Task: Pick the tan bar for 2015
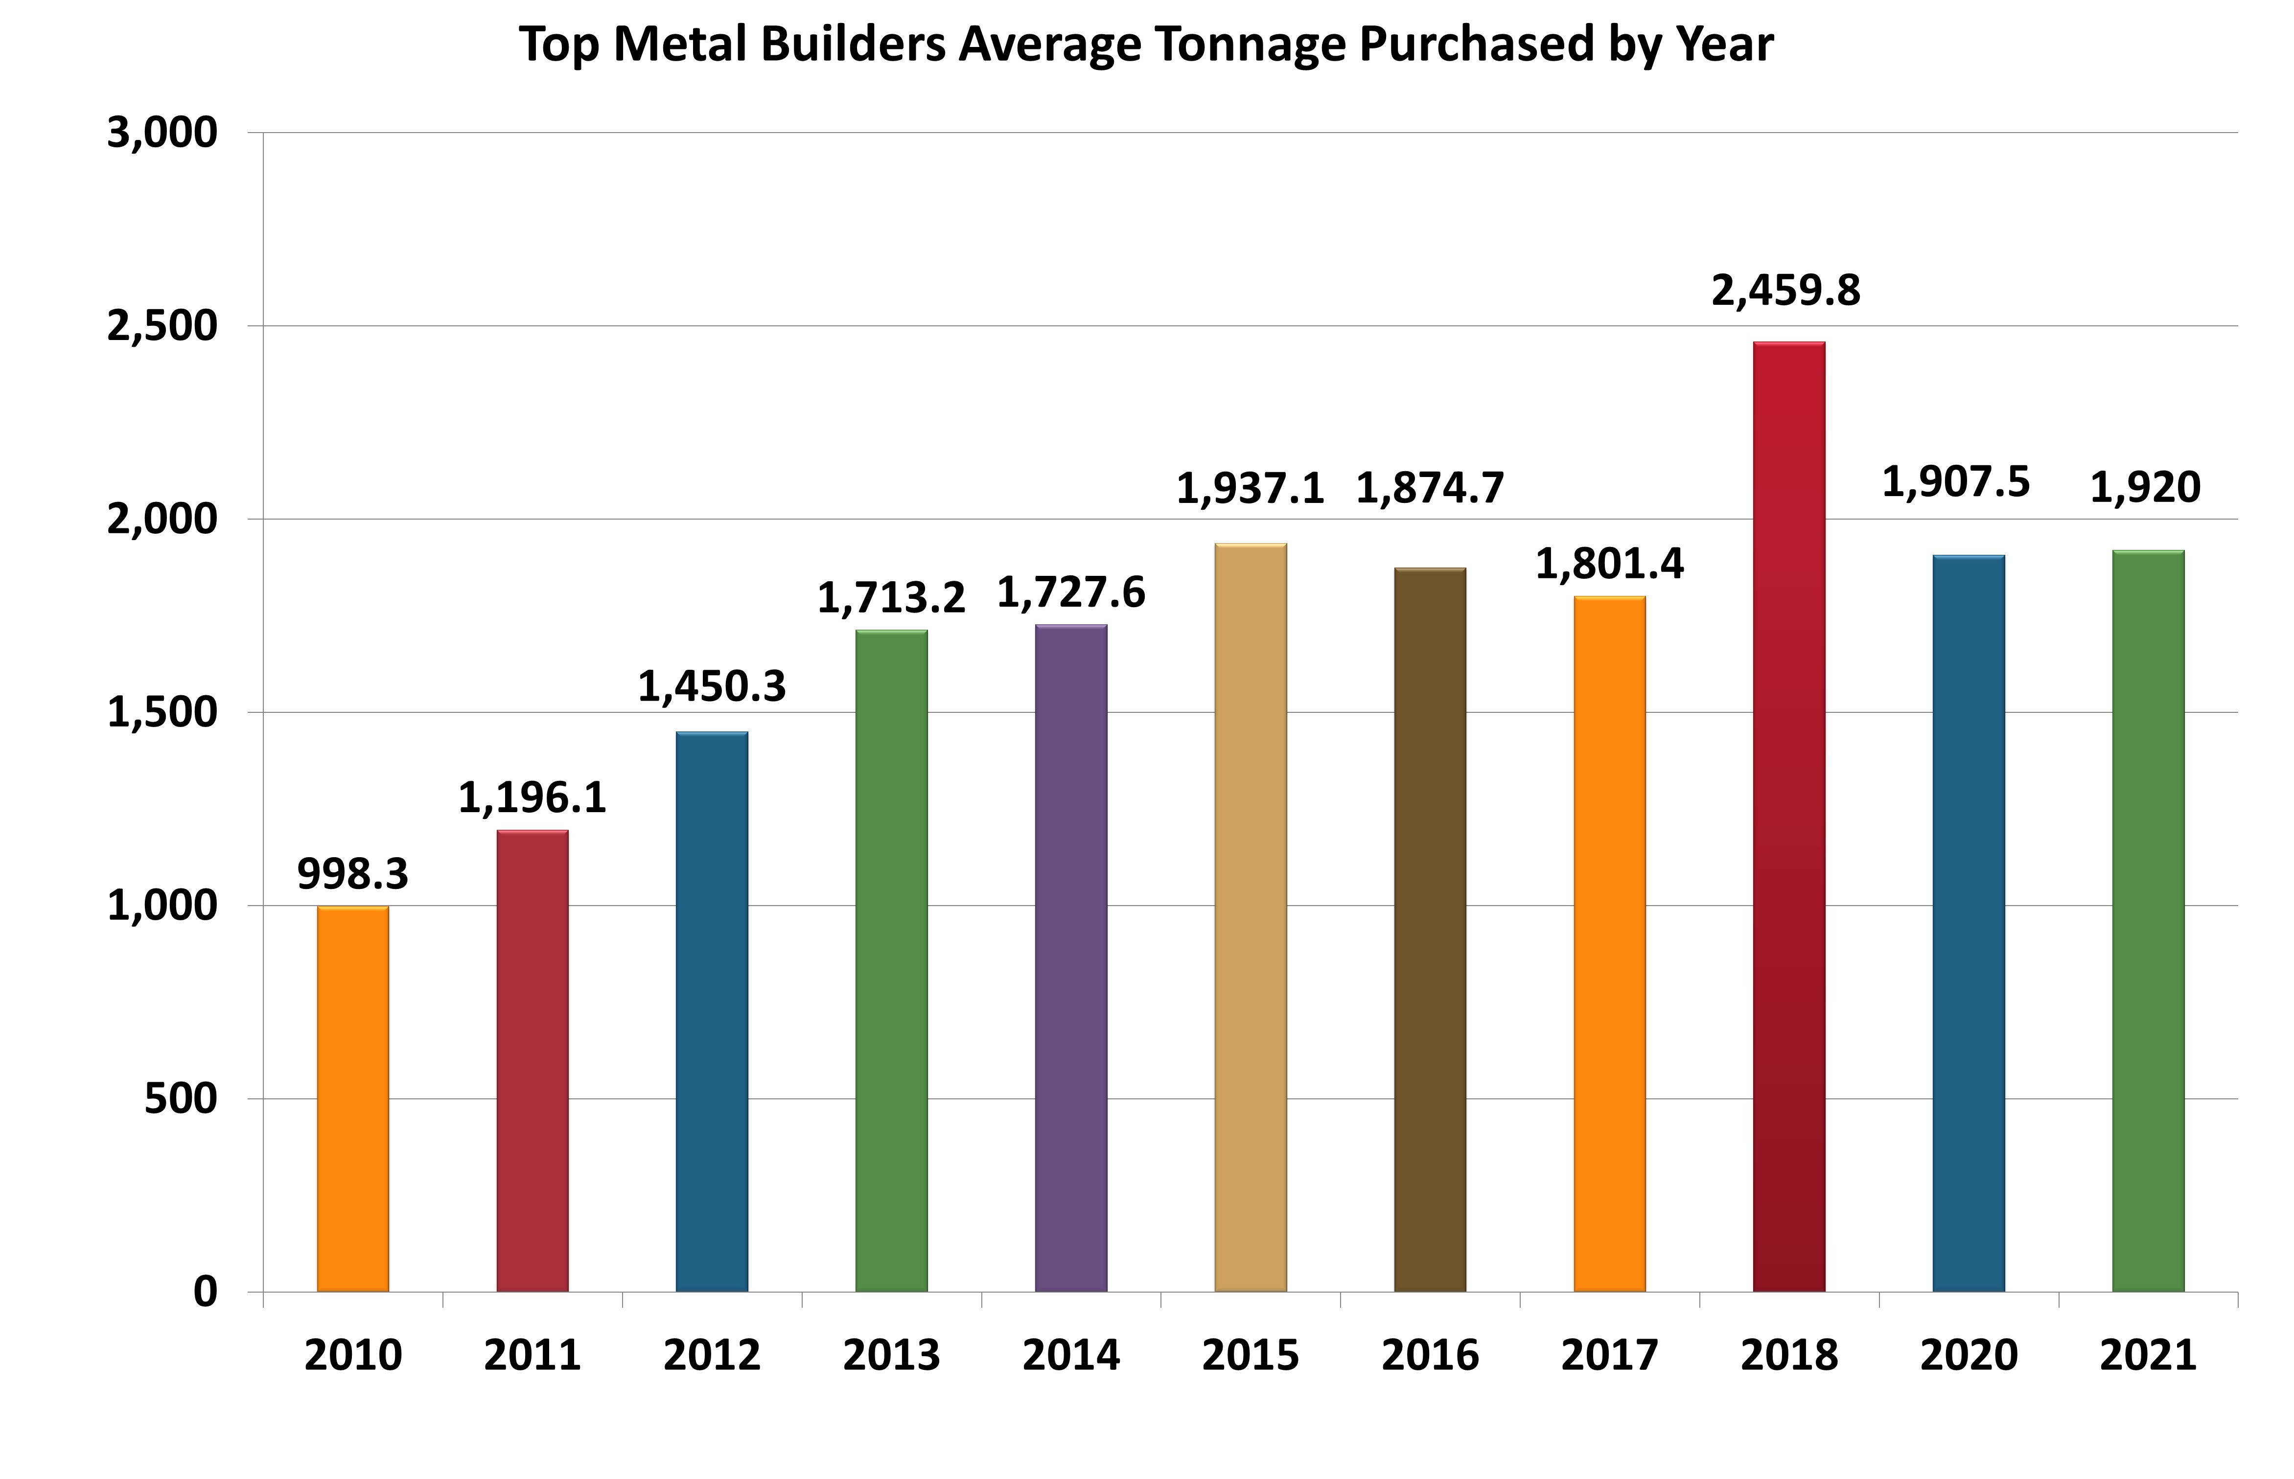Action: (x=1250, y=917)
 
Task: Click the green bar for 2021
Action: (x=2148, y=921)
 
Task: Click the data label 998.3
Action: (x=352, y=874)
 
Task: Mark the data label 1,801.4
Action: (x=1609, y=564)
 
